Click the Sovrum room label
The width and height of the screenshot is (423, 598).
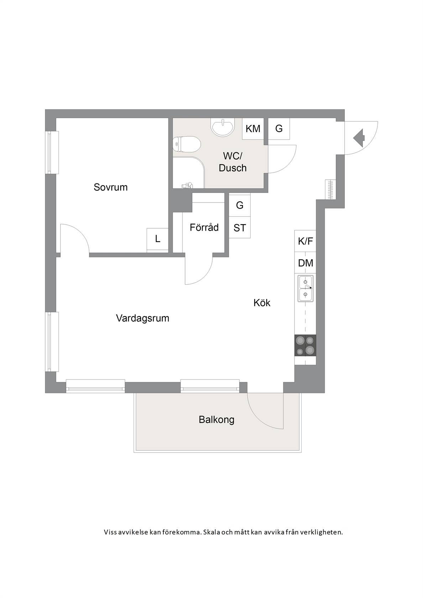110,187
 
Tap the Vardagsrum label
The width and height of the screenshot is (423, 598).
142,318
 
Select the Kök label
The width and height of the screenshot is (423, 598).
262,303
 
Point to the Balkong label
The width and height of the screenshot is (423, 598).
216,420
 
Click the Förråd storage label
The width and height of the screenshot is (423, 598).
204,227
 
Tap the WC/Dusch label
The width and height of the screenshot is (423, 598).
233,162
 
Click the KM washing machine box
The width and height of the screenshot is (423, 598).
253,129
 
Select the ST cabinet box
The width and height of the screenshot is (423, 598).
240,227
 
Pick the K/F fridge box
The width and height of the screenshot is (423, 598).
305,241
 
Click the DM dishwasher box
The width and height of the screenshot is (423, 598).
305,263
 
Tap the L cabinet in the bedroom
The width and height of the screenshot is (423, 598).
157,239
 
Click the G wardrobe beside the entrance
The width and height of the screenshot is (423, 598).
279,129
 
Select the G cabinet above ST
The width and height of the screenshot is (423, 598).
240,206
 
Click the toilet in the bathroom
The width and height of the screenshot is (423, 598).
187,145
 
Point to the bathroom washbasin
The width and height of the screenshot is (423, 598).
223,127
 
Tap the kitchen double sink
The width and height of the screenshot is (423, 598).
305,289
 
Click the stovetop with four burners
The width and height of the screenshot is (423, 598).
305,345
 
